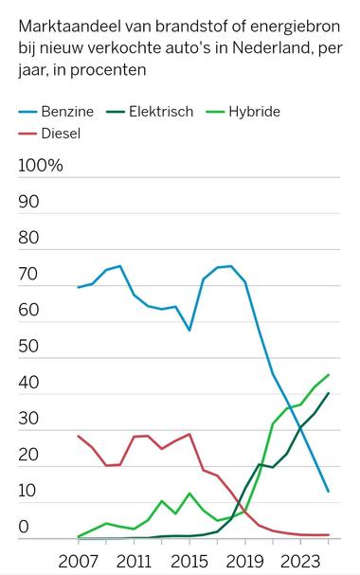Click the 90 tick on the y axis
click(x=28, y=202)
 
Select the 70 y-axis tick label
click(x=28, y=275)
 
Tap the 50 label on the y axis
click(x=28, y=347)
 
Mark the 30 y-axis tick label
click(x=28, y=419)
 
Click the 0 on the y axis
click(x=25, y=527)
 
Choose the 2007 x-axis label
click(x=78, y=559)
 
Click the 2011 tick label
click(x=134, y=559)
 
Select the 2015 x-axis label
click(x=189, y=559)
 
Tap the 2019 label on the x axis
click(x=245, y=559)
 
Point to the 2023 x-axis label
click(x=301, y=559)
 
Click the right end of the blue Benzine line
click(x=329, y=492)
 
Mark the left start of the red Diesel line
click(x=78, y=436)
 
